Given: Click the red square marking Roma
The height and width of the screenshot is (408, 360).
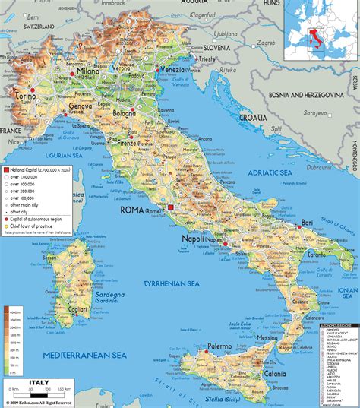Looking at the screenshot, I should (170, 207).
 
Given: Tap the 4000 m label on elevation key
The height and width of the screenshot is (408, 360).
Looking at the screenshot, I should (15, 310).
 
